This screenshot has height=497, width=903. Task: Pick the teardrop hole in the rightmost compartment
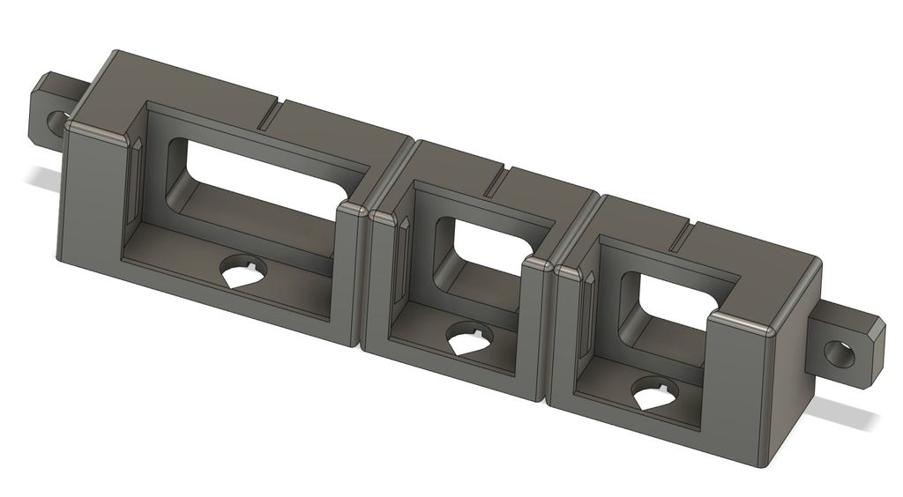click(653, 394)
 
